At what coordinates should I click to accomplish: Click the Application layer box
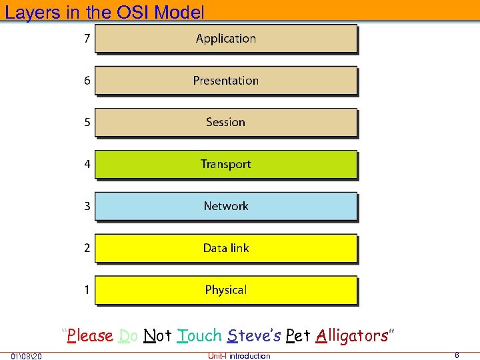(x=226, y=39)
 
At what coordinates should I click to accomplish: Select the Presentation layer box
(x=226, y=81)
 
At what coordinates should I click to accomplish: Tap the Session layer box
(x=226, y=123)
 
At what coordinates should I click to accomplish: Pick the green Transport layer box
(x=226, y=165)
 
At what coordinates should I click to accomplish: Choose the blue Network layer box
(x=226, y=207)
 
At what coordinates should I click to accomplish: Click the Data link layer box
(x=226, y=248)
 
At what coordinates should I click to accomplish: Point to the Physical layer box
(x=226, y=290)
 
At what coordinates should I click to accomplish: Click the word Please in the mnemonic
(x=90, y=335)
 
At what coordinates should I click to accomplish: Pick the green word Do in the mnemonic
(x=128, y=335)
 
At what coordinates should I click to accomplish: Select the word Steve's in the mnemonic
(x=253, y=335)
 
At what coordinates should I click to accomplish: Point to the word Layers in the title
(x=29, y=12)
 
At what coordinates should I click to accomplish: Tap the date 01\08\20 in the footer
(x=27, y=356)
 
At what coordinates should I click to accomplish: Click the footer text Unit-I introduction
(x=239, y=356)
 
